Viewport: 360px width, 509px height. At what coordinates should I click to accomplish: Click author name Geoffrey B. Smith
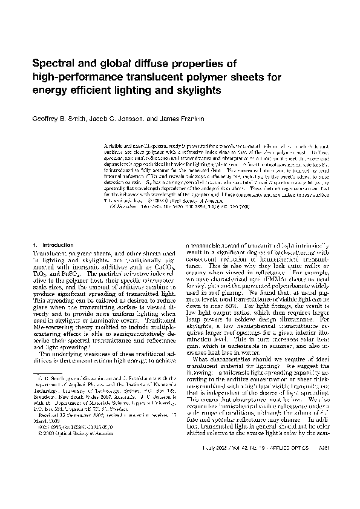point(56,119)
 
